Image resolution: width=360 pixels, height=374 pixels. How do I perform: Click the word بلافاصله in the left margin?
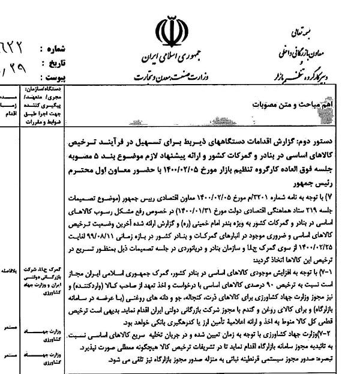click(11, 271)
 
